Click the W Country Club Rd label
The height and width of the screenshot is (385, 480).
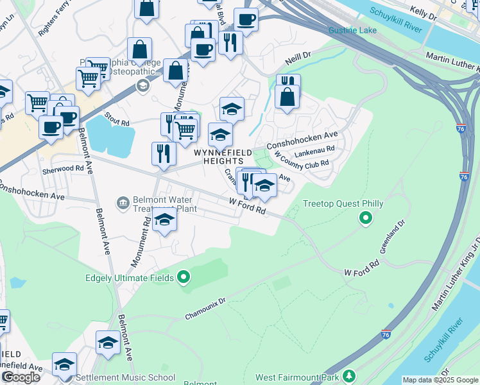(x=302, y=164)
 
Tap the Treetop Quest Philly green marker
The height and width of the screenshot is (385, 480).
(x=366, y=219)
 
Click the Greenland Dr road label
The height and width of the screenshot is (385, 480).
(x=392, y=235)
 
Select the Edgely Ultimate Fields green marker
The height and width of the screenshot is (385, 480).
(x=184, y=278)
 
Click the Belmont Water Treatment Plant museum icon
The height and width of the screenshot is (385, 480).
(x=123, y=203)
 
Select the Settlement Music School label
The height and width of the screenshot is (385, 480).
(x=125, y=378)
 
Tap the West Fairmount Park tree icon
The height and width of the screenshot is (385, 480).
(x=349, y=375)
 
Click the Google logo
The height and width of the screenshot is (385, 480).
(x=21, y=377)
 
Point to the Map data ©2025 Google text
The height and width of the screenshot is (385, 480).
(x=440, y=380)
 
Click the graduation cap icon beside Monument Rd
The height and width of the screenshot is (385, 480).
(x=165, y=220)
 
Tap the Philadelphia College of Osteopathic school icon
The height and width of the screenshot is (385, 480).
(x=143, y=85)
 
